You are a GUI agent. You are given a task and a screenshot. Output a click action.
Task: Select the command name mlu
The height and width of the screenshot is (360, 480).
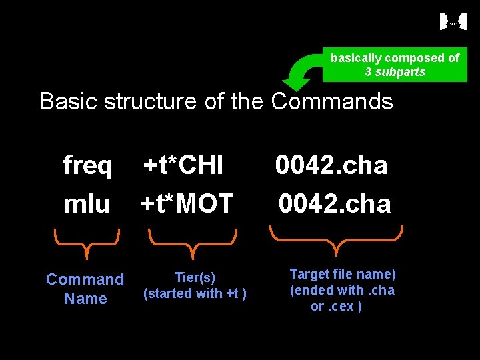pyautogui.click(x=86, y=203)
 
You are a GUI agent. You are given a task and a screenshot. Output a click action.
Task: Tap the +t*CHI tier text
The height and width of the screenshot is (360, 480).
pyautogui.click(x=184, y=165)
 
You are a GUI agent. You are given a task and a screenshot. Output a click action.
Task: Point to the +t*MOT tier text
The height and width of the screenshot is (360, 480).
pyautogui.click(x=187, y=203)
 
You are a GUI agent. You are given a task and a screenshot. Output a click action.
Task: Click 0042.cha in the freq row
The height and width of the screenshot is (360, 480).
pyautogui.click(x=331, y=165)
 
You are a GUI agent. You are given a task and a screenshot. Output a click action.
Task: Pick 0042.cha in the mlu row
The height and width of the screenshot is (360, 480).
pyautogui.click(x=335, y=203)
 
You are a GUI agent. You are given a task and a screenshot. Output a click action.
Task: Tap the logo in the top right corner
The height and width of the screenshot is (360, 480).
pyautogui.click(x=453, y=22)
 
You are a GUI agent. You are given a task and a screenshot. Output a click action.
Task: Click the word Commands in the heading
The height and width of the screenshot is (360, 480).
pyautogui.click(x=332, y=102)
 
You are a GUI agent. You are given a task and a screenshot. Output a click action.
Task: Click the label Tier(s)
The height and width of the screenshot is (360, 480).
pyautogui.click(x=195, y=277)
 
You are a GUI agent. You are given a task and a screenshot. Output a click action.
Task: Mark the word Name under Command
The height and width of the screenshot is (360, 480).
pyautogui.click(x=85, y=299)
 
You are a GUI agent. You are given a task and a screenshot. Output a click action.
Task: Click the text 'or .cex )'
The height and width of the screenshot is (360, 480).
pyautogui.click(x=337, y=307)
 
